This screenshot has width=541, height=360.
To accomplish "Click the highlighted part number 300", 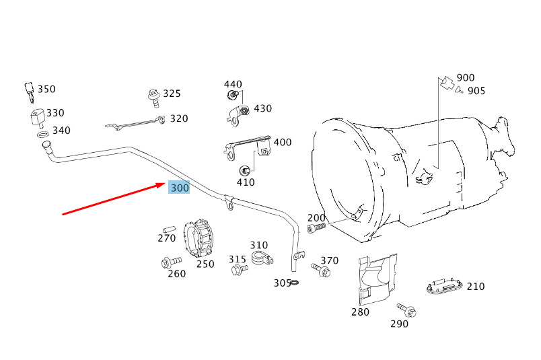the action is (x=179, y=188).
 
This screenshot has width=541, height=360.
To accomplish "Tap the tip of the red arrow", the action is (x=166, y=184).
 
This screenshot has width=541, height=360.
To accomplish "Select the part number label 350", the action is (x=46, y=89).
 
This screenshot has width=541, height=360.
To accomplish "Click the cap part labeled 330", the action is (x=38, y=116).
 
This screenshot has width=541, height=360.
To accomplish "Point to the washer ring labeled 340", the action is (x=42, y=135).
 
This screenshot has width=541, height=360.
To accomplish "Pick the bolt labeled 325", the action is (x=154, y=98).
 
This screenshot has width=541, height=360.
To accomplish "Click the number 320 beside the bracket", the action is (x=179, y=118).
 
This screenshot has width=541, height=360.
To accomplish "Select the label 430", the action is (x=263, y=108).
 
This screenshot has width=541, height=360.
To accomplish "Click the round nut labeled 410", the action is (x=244, y=170).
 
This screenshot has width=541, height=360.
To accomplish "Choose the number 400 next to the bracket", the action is (x=283, y=142).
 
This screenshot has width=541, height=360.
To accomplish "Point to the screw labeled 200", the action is (x=316, y=228).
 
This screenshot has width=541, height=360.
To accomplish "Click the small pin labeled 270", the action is (x=169, y=229).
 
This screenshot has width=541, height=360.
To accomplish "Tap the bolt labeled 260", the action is (x=171, y=262).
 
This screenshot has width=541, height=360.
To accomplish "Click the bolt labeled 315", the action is (x=239, y=268).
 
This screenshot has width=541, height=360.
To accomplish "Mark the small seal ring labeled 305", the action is (x=295, y=283).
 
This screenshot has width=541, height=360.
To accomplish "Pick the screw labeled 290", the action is (x=407, y=310).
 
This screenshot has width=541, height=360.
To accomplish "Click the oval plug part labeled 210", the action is (x=445, y=286).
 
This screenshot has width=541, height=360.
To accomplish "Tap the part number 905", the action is (x=476, y=91).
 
